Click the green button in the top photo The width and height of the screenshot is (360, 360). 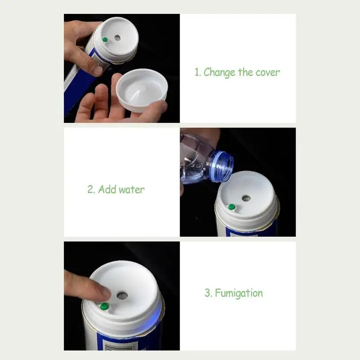(x=105, y=40)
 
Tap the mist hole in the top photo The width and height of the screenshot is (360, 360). (x=117, y=38)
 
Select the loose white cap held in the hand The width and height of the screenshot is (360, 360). (x=142, y=90)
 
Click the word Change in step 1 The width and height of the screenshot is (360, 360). (x=219, y=72)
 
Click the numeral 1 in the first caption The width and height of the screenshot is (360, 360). (x=197, y=72)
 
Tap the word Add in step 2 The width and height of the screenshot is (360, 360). (x=107, y=189)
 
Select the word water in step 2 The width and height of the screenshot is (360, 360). (x=131, y=190)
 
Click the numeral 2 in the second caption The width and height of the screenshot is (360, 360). (x=90, y=189)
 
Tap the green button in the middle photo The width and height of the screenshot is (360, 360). (x=232, y=207)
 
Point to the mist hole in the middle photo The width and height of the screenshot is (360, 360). (x=246, y=198)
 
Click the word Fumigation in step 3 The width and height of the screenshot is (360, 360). (x=239, y=293)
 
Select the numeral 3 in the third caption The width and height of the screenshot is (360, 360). (x=207, y=293)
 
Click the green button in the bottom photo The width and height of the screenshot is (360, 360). (x=104, y=306)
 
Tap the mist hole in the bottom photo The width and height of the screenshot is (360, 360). (x=122, y=296)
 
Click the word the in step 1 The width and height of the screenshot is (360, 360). (x=245, y=72)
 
